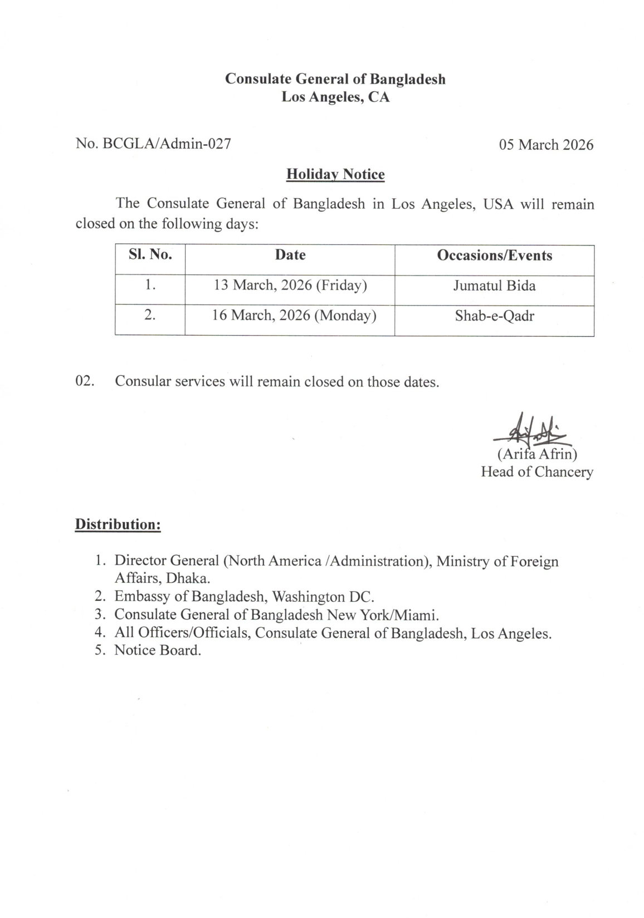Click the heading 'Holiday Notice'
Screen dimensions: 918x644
tap(335, 175)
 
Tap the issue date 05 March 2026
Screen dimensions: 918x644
tap(546, 145)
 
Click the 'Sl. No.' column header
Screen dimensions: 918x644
tap(150, 255)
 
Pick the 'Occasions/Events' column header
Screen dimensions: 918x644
tap(494, 256)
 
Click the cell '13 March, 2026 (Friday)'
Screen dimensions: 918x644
tap(290, 286)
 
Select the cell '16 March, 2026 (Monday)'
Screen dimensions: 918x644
tap(294, 316)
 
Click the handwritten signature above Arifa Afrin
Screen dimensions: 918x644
tap(529, 429)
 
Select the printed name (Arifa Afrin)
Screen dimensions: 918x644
tap(536, 454)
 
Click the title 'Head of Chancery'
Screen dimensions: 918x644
tap(536, 472)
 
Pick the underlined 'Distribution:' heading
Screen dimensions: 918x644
tap(118, 524)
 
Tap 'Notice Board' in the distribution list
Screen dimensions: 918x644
tap(157, 650)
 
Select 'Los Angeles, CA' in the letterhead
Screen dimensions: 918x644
tap(335, 97)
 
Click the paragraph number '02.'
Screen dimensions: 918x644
tap(85, 382)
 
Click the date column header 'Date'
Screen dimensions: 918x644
tap(290, 255)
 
